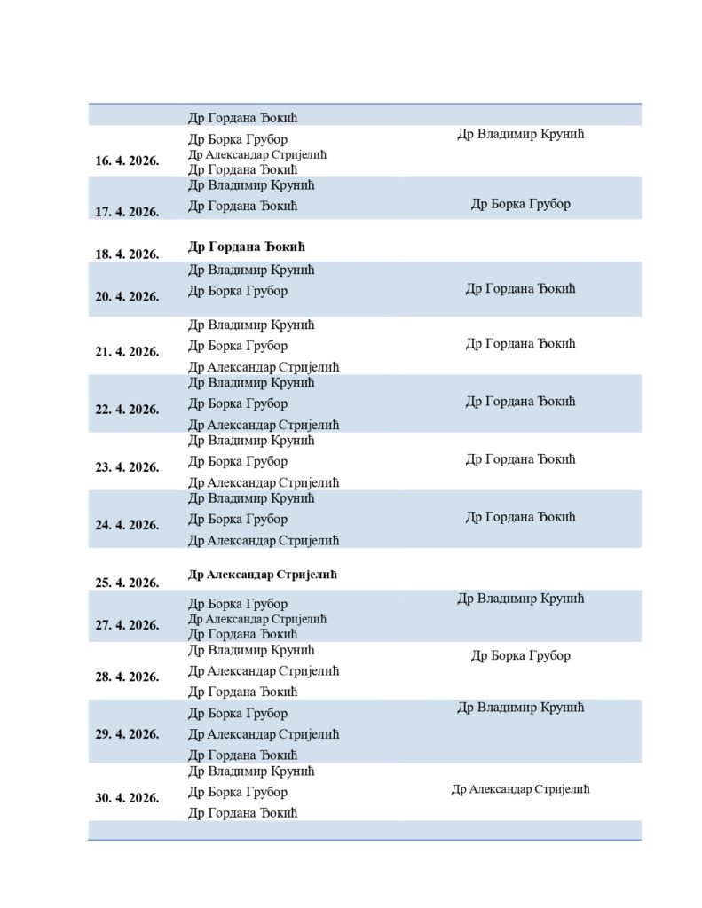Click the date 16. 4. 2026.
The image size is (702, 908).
coord(127,161)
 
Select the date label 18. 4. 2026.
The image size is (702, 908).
coord(127,254)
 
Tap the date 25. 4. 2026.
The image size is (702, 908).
coord(127,583)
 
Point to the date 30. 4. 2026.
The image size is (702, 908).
coord(127,798)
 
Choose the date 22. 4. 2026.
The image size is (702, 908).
coord(127,410)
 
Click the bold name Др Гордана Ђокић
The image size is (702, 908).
coord(247,247)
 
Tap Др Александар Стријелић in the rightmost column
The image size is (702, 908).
coord(520,789)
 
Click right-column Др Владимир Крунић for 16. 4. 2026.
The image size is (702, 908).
coord(520,135)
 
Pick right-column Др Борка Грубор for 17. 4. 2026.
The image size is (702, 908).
coord(520,204)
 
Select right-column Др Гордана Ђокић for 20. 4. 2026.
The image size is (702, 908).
coord(520,289)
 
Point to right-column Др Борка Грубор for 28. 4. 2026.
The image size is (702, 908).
coord(520,656)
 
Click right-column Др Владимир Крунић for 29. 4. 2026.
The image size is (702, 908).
coord(520,708)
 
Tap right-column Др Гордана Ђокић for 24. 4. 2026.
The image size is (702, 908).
coord(520,517)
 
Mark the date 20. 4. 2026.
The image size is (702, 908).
coord(127,297)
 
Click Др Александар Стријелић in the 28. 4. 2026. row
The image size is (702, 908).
coord(264,671)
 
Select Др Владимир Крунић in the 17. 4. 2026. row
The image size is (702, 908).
coord(251,185)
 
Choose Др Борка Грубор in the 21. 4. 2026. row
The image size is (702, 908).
coord(238,346)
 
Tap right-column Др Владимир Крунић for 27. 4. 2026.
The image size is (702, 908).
coord(520,599)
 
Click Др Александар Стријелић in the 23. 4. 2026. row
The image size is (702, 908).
coord(264,483)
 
